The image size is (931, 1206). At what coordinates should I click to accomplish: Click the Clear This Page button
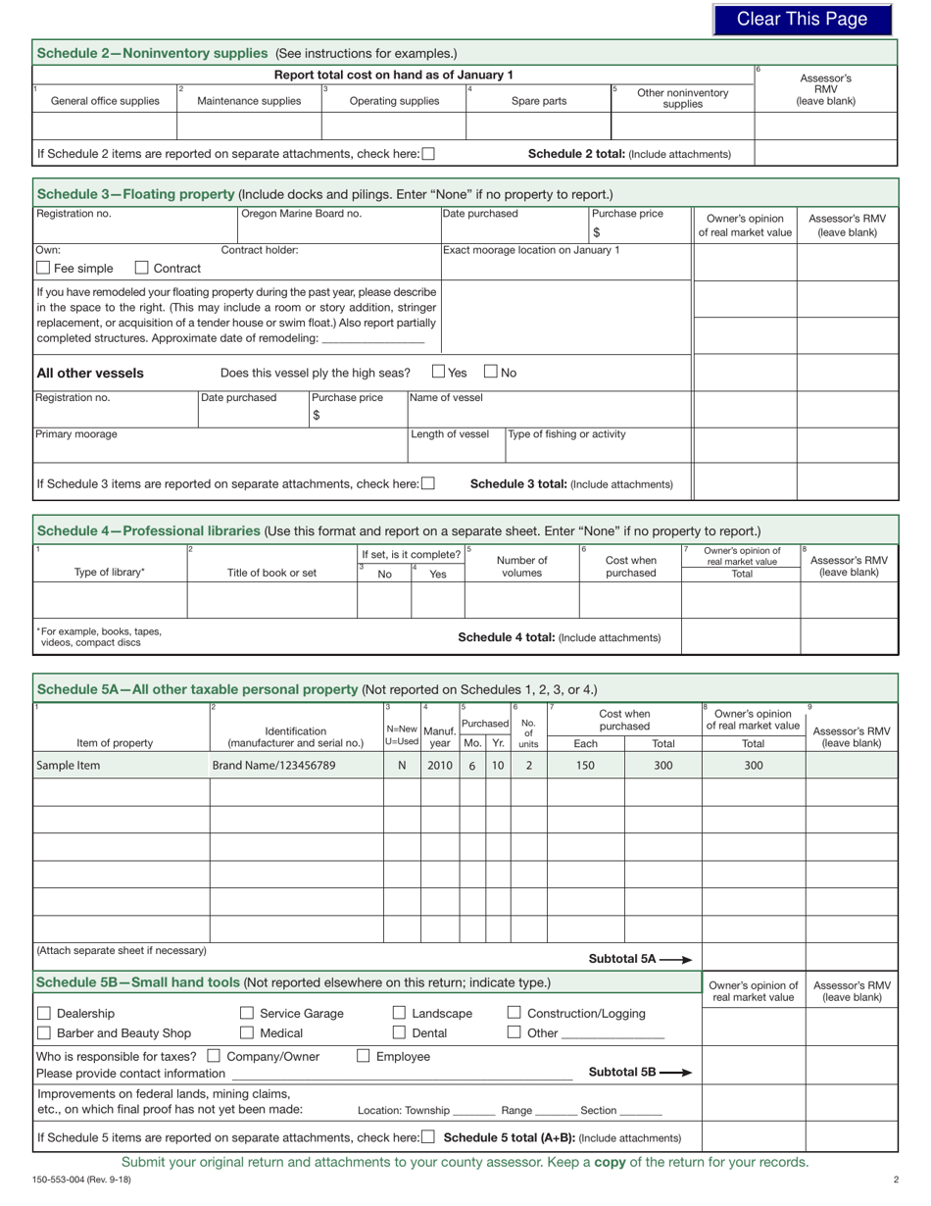[x=802, y=20]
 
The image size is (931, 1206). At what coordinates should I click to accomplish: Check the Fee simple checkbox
[x=43, y=268]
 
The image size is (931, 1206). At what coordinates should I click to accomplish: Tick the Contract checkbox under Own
[x=142, y=268]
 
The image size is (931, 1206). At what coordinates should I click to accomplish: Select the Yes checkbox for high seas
[x=438, y=372]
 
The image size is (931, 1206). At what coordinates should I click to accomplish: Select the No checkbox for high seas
[x=491, y=372]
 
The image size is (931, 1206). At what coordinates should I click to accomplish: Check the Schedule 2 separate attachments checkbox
[x=428, y=153]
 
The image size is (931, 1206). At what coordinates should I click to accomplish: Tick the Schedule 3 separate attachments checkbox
[x=428, y=483]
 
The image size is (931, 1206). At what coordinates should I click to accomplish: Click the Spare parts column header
[x=538, y=100]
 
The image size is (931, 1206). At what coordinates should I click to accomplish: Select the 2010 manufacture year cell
[x=440, y=766]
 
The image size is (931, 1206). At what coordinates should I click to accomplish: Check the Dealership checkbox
[x=43, y=1013]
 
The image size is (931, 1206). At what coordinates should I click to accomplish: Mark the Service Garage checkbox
[x=247, y=1013]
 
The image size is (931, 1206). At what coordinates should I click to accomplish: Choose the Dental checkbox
[x=400, y=1032]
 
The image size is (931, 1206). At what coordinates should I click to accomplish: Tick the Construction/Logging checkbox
[x=514, y=1013]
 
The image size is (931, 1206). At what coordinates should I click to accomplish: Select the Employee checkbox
[x=363, y=1056]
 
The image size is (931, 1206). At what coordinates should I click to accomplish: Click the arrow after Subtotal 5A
[x=676, y=959]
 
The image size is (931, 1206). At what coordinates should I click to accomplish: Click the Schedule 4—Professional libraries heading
[x=149, y=530]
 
